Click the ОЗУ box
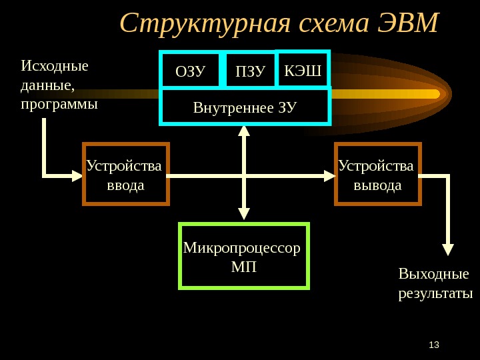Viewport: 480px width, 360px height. coord(190,71)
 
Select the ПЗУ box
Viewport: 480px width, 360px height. coord(249,71)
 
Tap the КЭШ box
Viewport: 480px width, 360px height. coord(303,69)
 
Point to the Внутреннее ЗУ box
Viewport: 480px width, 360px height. coord(245,107)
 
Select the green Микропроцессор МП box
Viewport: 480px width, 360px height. coord(243,257)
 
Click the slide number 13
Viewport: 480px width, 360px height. coord(434,345)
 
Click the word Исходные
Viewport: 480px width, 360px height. coord(55,67)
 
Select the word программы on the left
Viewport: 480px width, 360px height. coord(59,105)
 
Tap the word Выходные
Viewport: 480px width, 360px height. coord(433,275)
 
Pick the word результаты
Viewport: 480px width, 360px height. coord(435,293)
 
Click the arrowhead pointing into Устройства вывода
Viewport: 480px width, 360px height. coord(329,176)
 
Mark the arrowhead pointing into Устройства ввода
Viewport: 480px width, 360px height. coord(77,176)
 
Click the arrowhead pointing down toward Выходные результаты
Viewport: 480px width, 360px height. coord(448,249)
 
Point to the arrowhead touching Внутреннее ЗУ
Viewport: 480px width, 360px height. coord(244,130)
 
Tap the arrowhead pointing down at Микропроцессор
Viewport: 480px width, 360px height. coord(244,213)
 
